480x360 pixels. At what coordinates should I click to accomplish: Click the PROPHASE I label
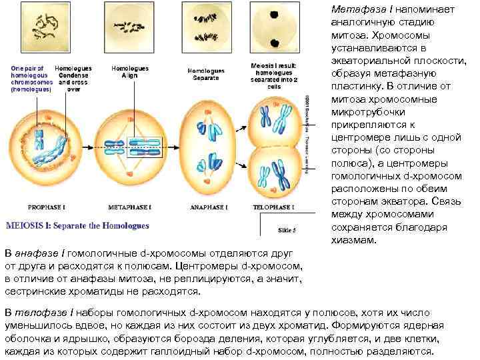(x=45, y=207)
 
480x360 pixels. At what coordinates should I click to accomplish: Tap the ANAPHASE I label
(x=209, y=207)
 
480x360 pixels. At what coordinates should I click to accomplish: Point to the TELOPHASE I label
(x=274, y=207)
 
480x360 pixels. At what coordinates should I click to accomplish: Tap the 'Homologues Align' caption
(x=125, y=72)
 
